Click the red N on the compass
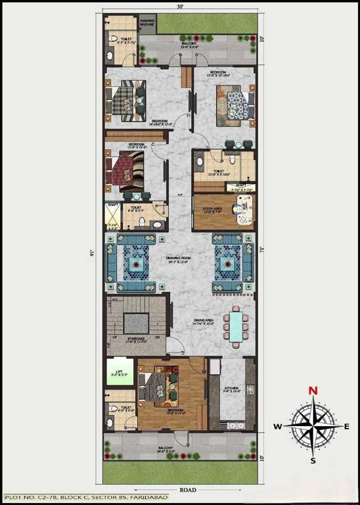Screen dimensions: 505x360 (313, 390)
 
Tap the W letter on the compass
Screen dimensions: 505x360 (278, 426)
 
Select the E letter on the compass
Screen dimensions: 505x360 (348, 426)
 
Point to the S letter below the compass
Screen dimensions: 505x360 (313, 460)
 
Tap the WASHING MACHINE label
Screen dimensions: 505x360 (148, 23)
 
